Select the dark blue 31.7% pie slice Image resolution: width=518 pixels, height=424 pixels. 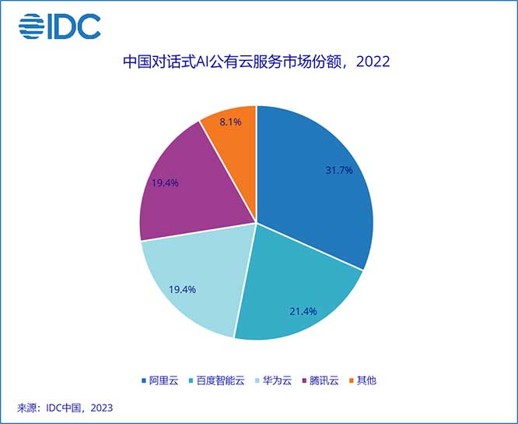point(319,195)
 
